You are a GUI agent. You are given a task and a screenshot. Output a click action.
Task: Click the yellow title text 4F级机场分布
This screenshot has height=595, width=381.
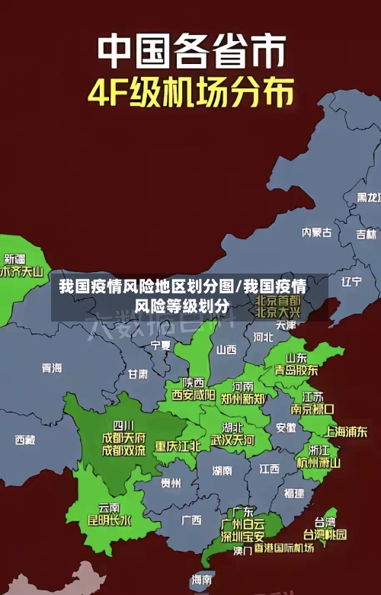(191, 94)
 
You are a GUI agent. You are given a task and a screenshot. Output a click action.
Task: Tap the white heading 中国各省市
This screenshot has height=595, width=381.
(191, 52)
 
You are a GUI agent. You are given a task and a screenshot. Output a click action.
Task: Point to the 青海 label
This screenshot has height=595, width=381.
(52, 368)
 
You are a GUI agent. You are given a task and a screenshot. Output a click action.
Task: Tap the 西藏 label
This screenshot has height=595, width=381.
(25, 440)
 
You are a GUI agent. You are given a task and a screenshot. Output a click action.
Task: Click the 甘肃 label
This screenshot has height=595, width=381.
(138, 374)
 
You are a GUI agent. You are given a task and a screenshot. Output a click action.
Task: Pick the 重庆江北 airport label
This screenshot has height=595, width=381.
(178, 446)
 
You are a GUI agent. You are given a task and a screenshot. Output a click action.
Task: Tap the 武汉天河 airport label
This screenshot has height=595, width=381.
(232, 440)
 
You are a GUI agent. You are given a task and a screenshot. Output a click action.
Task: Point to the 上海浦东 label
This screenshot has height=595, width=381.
(346, 431)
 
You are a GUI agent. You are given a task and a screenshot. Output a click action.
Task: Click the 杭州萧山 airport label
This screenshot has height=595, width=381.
(319, 462)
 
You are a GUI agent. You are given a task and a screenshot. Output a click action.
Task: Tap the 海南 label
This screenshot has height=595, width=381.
(202, 580)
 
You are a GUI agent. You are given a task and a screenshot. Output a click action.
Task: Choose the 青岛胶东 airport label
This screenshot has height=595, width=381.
(296, 369)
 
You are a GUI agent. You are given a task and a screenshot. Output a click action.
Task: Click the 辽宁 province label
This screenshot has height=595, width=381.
(351, 281)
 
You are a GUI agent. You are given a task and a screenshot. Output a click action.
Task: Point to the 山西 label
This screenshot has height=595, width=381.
(226, 350)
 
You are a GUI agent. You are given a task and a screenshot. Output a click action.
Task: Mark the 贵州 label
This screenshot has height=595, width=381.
(171, 482)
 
